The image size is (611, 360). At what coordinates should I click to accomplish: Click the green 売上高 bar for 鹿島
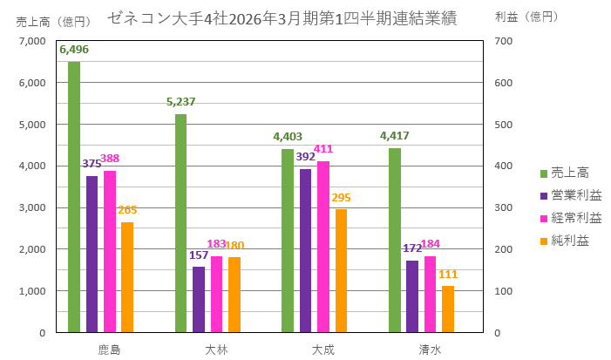coord(74,197)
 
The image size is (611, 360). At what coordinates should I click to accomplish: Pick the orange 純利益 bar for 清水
coord(448,309)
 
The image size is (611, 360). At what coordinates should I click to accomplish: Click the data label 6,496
coord(74,50)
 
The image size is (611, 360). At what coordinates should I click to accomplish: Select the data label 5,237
coord(180,102)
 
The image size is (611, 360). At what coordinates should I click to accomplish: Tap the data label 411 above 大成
coord(322,149)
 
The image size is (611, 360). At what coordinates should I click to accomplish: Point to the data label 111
coord(448,274)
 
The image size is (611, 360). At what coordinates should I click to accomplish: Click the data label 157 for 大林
coord(200,255)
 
